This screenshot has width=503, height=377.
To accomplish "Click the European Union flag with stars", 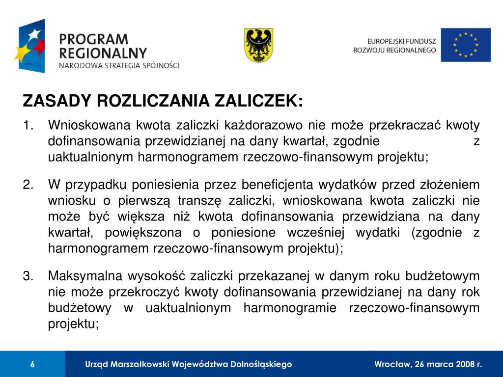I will pos(465,45).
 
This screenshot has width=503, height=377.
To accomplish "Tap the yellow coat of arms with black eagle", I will pos(258,45).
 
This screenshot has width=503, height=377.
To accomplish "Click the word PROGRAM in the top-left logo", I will pos(93,39).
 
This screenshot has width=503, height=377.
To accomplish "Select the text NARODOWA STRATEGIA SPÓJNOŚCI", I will pos(119,65).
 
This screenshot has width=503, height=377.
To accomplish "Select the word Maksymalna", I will pos(82,276).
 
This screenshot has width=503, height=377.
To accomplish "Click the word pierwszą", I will pos(136,201).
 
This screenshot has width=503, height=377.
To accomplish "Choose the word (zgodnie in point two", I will pos(437,232).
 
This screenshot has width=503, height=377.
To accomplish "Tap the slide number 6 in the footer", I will pos(32,364).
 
